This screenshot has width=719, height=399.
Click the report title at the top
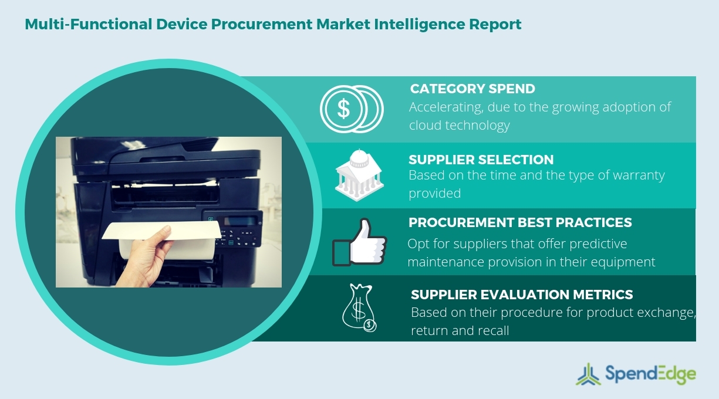(273, 25)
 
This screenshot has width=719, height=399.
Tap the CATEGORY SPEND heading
(472, 89)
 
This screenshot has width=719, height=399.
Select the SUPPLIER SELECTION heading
(481, 160)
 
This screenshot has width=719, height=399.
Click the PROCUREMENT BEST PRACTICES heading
(520, 222)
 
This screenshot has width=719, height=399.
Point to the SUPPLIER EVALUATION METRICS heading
(522, 294)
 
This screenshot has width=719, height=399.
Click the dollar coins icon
(351, 109)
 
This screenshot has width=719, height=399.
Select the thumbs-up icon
(359, 242)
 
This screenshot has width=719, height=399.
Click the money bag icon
(359, 307)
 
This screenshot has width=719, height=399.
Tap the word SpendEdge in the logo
(649, 374)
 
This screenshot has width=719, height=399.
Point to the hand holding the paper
(141, 258)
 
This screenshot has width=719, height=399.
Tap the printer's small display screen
(241, 222)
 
